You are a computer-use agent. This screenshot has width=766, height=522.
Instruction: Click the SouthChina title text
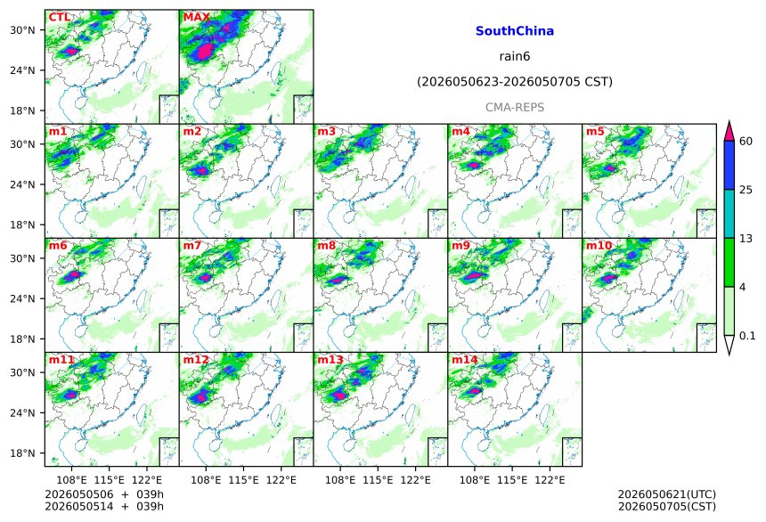[x=515, y=31]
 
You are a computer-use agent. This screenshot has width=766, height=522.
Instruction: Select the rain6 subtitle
[x=515, y=56]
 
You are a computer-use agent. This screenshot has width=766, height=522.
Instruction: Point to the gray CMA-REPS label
[x=515, y=107]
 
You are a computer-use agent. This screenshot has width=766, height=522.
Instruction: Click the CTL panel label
[x=59, y=17]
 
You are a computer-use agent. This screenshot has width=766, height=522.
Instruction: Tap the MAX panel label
[x=196, y=17]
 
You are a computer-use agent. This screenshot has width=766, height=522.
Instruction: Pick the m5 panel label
[x=595, y=132]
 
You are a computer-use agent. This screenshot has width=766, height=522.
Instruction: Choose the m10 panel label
[x=599, y=245]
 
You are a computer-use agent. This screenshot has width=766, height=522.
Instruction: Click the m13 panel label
[x=330, y=360]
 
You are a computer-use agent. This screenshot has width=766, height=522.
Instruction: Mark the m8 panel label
[x=326, y=245]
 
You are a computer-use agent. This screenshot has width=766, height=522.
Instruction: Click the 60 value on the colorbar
[x=746, y=142]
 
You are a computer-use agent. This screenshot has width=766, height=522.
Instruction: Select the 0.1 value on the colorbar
[x=747, y=336]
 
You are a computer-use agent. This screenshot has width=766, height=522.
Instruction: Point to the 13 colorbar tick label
[x=746, y=239]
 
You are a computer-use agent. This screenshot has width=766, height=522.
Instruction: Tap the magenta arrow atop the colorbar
[x=729, y=131]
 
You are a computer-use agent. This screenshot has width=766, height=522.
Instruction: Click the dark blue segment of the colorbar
[x=729, y=165]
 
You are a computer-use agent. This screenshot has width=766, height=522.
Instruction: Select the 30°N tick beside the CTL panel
[x=22, y=29]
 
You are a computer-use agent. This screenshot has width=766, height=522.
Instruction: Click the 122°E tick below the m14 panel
[x=550, y=480]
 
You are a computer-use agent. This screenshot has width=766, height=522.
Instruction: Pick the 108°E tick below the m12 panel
[x=206, y=480]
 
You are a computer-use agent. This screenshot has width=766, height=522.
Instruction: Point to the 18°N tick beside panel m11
[x=22, y=453]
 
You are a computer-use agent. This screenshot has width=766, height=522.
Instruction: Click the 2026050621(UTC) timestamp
[x=667, y=494]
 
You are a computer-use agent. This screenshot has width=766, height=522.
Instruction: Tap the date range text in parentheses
[x=515, y=82]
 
